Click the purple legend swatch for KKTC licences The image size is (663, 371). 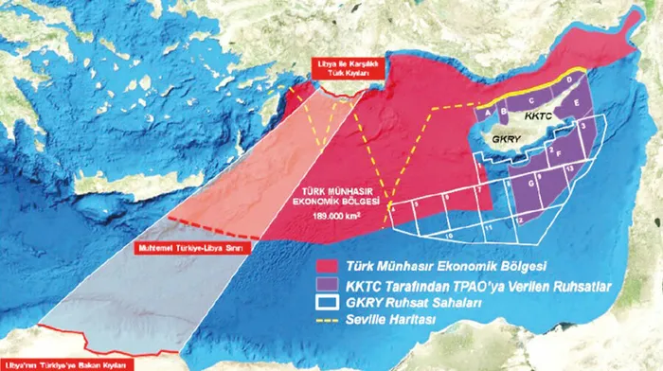[330, 284]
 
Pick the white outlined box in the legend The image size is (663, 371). [330, 303]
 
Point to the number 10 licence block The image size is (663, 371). [448, 232]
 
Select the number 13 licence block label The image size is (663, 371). [571, 168]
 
